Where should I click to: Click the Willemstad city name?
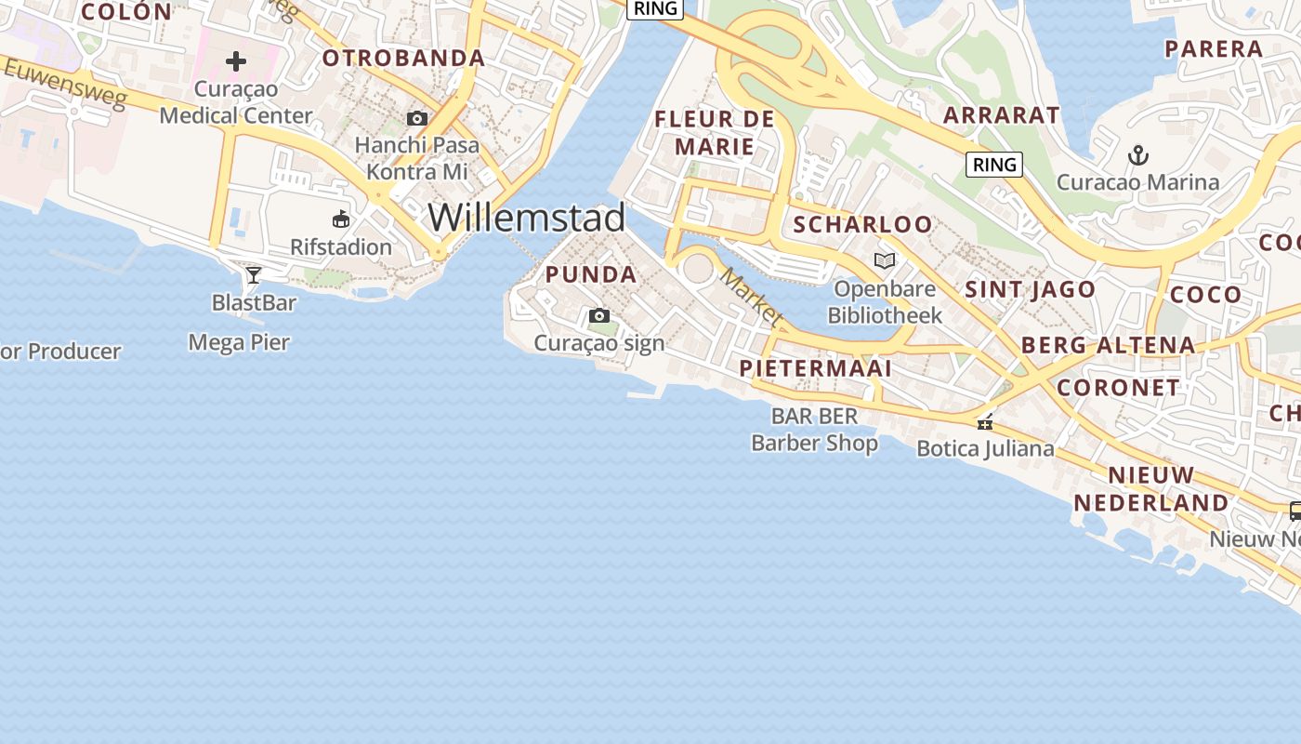point(526,218)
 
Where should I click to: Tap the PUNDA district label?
point(591,274)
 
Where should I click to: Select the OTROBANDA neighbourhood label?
point(403,59)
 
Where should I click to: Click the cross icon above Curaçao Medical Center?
point(236,62)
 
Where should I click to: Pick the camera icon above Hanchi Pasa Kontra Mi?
point(417,118)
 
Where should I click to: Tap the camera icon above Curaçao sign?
point(599,316)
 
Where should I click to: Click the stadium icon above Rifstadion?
point(341,219)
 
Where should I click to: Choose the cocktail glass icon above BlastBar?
point(253,274)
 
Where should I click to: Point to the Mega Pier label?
point(239,342)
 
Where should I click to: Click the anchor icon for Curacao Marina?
point(1137,154)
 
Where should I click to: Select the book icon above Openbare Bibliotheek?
point(885,261)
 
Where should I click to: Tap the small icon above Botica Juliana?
point(985,423)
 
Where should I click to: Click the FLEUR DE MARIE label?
point(714,132)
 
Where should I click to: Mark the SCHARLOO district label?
point(861,224)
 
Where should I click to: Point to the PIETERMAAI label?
point(815,368)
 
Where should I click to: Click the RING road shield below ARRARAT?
point(994,165)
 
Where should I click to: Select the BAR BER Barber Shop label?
point(814,430)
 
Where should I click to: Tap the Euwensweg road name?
point(64,83)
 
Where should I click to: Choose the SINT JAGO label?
point(1030,289)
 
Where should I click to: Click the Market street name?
point(752,297)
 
